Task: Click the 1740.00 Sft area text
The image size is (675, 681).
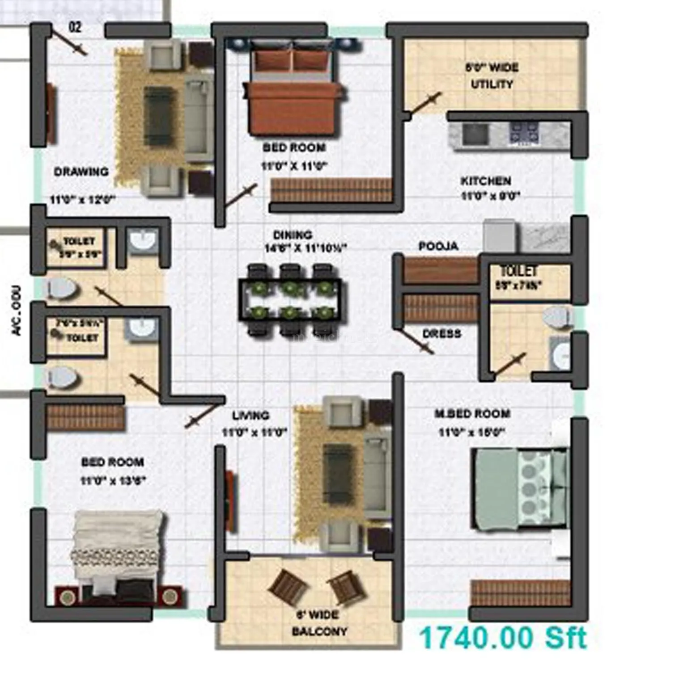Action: (x=503, y=638)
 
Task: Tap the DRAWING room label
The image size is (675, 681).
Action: (x=81, y=172)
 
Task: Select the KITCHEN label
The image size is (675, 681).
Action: (x=486, y=181)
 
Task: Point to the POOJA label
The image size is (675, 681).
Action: (x=438, y=246)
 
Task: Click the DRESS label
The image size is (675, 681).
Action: (x=442, y=333)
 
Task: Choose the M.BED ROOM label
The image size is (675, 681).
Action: (x=472, y=414)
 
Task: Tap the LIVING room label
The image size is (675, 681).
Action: (x=250, y=416)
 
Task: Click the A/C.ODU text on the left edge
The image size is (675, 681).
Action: (x=17, y=310)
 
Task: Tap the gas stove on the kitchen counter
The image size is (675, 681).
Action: (x=524, y=133)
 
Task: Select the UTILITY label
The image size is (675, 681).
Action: (x=492, y=84)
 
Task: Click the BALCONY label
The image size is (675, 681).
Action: (x=319, y=631)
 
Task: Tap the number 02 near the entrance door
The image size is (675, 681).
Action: (x=75, y=27)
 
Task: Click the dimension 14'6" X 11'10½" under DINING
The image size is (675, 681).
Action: (x=306, y=248)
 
